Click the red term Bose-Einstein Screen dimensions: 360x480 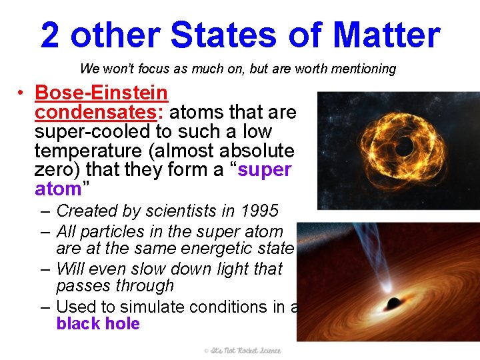pyautogui.click(x=101, y=93)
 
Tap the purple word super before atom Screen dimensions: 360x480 pyautogui.click(x=265, y=170)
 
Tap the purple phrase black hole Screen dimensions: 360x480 pyautogui.click(x=98, y=324)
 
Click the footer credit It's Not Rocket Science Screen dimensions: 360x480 pyautogui.click(x=243, y=351)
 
